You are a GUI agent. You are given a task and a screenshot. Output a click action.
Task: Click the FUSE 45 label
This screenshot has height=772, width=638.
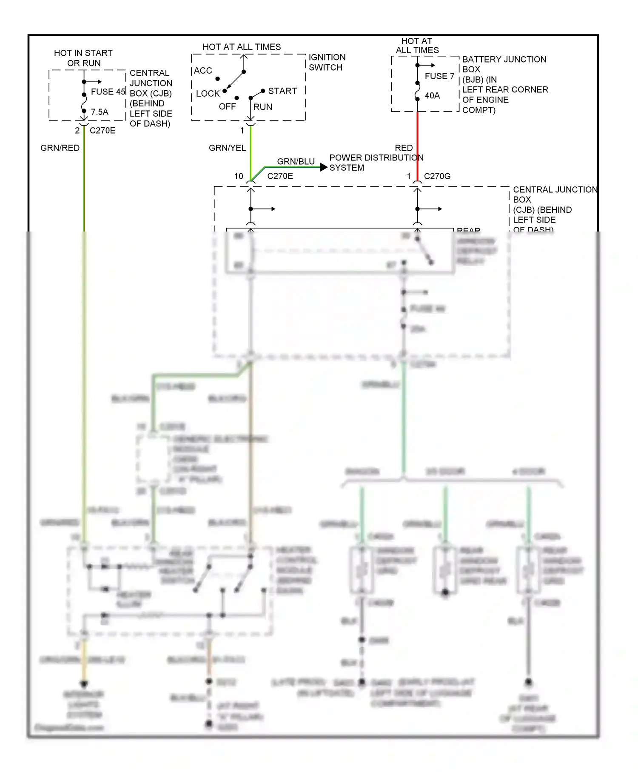[108, 91]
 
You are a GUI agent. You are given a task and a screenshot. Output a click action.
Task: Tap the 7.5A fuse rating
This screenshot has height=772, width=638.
[100, 112]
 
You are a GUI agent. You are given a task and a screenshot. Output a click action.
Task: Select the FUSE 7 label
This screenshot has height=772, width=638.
[439, 76]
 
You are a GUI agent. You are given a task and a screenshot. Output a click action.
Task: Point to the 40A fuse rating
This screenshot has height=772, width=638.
[432, 96]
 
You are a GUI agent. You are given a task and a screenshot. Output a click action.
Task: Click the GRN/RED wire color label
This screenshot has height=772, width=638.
[60, 148]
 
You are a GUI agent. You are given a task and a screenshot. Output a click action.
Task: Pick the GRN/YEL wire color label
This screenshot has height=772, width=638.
[227, 148]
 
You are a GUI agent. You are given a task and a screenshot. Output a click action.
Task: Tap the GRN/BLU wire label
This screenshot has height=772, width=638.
[296, 161]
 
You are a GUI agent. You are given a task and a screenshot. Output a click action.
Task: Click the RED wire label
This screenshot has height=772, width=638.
[404, 148]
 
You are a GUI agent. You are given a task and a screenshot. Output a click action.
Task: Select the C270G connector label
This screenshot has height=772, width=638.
[437, 176]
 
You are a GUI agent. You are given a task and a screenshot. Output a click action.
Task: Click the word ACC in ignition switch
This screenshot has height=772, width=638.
[203, 71]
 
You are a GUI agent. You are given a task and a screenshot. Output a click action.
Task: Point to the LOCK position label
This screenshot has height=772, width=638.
[208, 94]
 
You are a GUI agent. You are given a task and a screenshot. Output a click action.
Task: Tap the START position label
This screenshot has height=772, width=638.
[282, 91]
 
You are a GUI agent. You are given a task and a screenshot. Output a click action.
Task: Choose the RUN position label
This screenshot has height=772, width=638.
[262, 107]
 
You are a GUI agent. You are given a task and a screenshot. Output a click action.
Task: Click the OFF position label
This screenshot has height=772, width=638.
[227, 106]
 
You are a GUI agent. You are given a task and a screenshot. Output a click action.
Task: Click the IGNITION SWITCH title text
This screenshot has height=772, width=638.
[327, 62]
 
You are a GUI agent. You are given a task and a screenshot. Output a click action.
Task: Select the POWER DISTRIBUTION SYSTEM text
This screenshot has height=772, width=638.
[376, 163]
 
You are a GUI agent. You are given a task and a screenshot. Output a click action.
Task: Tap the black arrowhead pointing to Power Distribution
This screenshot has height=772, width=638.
[324, 167]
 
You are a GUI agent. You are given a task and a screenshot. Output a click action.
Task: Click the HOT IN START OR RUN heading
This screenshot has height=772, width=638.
[83, 58]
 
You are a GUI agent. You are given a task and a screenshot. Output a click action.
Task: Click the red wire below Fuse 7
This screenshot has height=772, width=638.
[417, 136]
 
